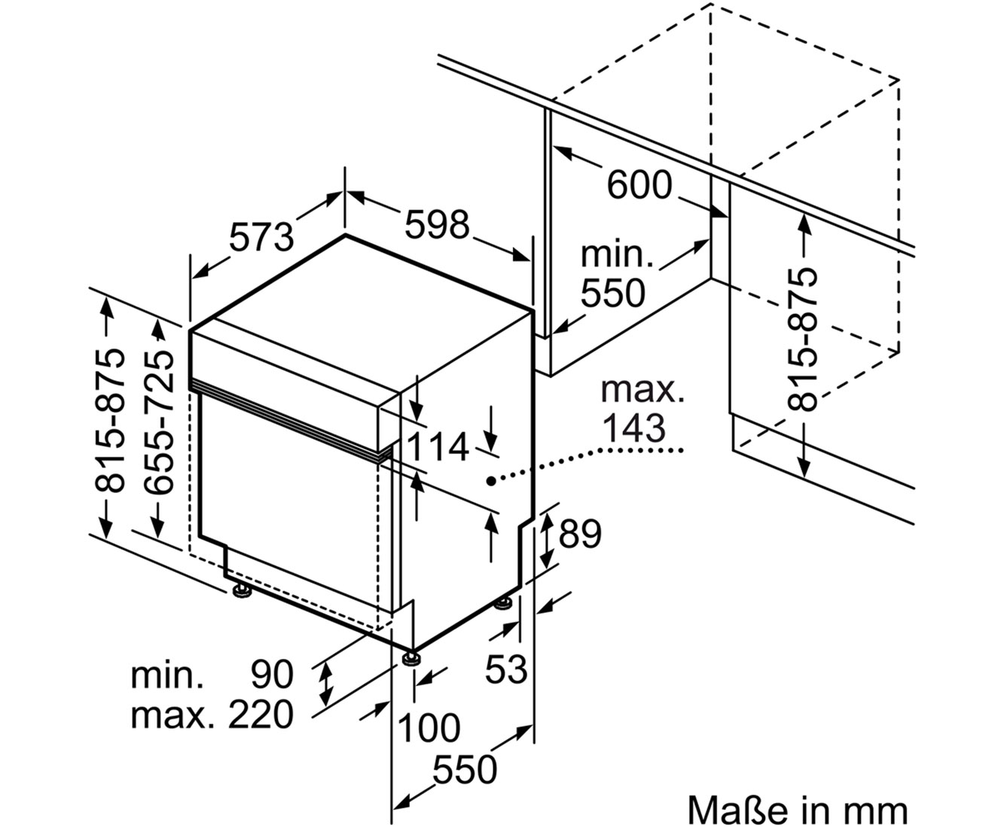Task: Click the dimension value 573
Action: [x=261, y=237]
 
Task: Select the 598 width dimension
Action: [x=437, y=224]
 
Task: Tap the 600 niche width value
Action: [x=639, y=184]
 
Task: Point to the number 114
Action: [x=438, y=446]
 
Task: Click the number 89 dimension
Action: [x=580, y=533]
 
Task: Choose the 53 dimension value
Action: [x=506, y=668]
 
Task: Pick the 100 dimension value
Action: [x=429, y=728]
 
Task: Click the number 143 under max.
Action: [x=633, y=428]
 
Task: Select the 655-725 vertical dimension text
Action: [x=158, y=422]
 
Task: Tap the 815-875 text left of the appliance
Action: [x=110, y=422]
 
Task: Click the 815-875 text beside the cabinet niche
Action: [x=802, y=339]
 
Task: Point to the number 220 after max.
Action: [x=261, y=714]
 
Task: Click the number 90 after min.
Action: [x=272, y=674]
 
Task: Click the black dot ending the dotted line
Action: [x=491, y=480]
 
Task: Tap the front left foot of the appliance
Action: [x=240, y=590]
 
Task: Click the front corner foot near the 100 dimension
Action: [x=413, y=658]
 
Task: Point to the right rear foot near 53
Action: [x=504, y=603]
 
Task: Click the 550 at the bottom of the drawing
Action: [x=465, y=783]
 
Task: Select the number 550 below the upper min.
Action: [x=612, y=293]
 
